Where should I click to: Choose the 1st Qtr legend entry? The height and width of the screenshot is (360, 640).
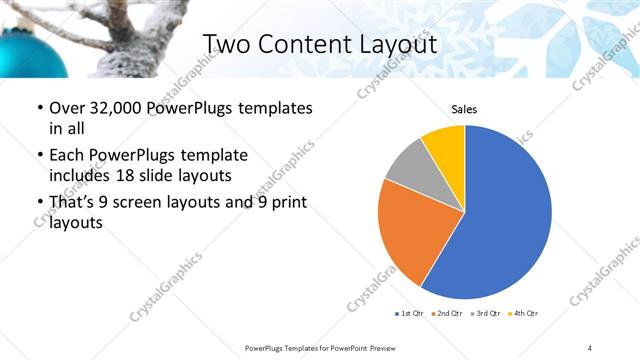410,314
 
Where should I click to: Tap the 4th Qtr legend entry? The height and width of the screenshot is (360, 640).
526,314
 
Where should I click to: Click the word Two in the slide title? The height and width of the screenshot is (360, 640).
229,45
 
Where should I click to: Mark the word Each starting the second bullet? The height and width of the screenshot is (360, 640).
67,155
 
